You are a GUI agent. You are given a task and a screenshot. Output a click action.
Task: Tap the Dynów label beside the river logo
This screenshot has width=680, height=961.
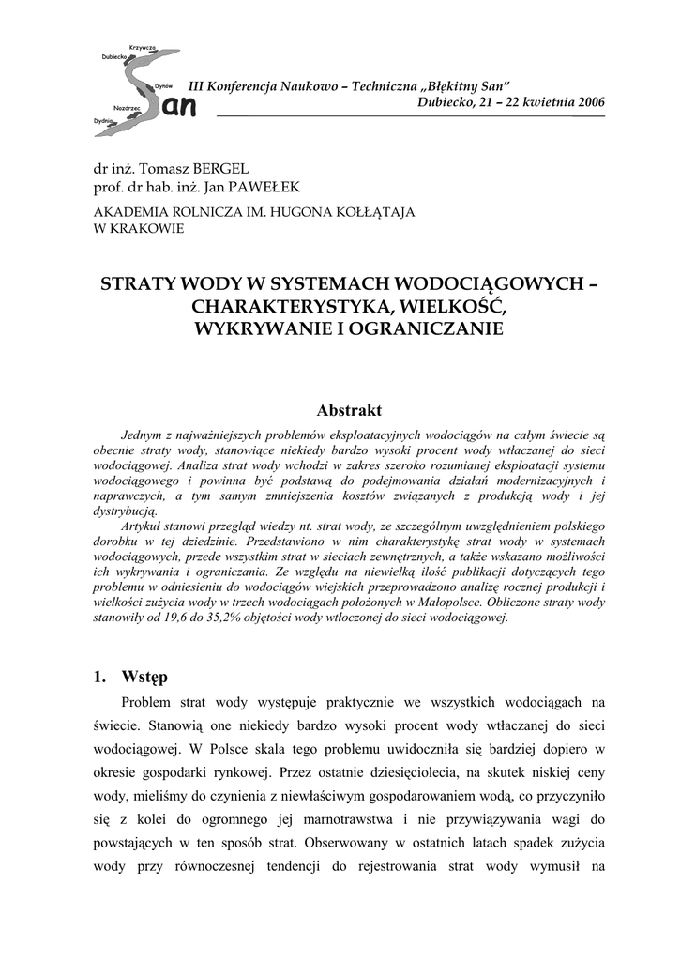click(163, 84)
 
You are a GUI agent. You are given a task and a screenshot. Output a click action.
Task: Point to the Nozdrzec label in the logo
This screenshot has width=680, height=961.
click(127, 108)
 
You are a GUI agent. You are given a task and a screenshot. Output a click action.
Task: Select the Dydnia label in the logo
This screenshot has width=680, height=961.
click(102, 121)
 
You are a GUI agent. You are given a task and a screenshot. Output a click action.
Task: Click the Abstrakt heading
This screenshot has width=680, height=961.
click(349, 410)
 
